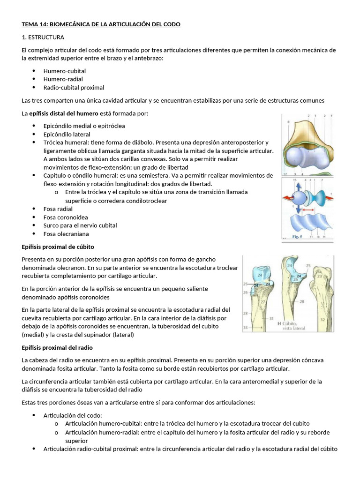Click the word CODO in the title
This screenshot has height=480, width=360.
pos(171,24)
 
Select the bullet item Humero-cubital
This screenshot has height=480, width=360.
pos(64,71)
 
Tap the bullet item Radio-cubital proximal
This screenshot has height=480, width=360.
pos(74,87)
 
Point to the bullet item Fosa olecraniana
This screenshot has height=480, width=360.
pos(66,233)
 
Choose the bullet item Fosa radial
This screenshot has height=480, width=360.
pos(58,209)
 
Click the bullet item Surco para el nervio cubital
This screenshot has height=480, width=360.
pos(80,225)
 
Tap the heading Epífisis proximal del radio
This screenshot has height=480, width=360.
pos(57,347)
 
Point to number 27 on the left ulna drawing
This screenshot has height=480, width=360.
pos(263,302)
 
